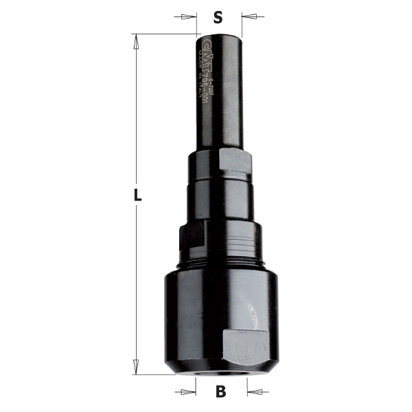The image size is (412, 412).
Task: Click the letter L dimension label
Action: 137,195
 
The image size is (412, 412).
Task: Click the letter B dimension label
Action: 220,393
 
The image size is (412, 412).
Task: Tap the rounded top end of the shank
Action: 220,35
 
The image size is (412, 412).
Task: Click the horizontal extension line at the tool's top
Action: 165,34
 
